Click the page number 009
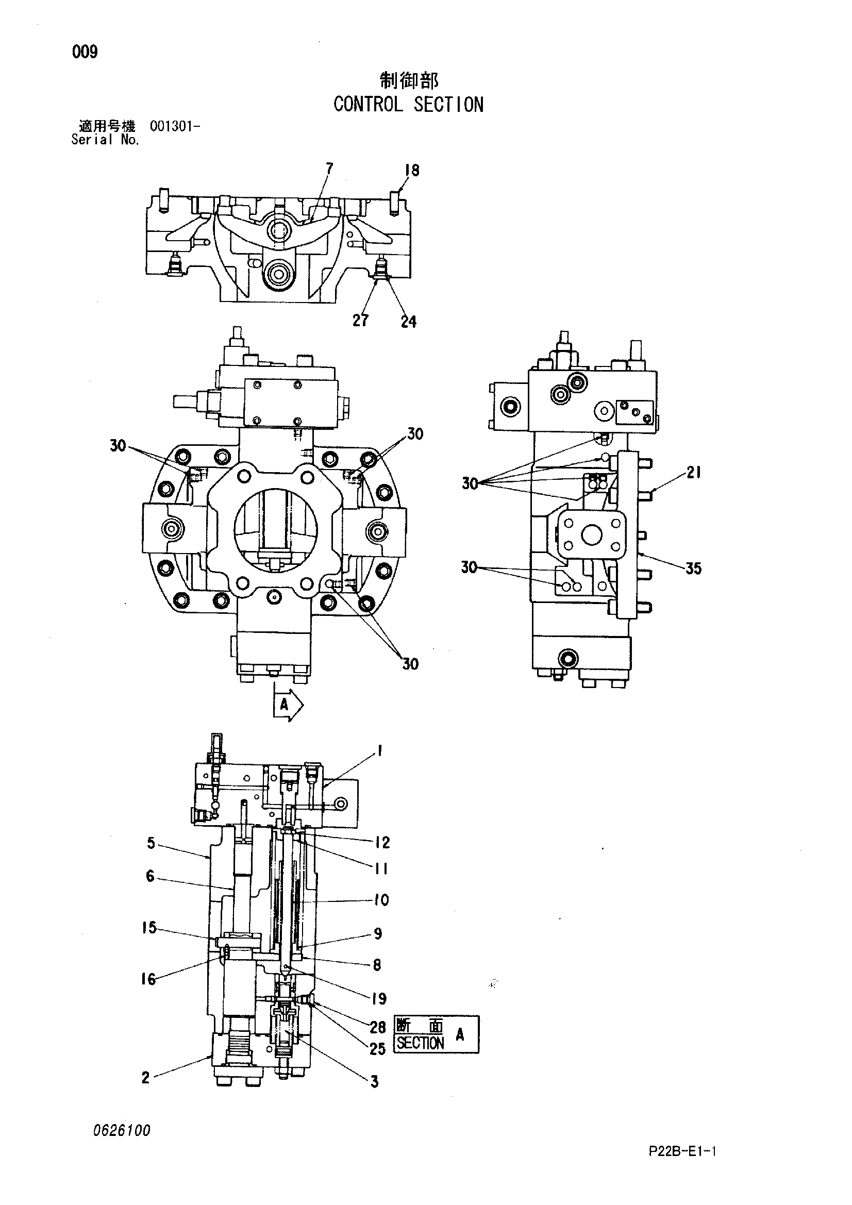click(85, 52)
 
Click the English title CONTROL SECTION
click(408, 105)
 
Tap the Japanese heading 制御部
click(409, 80)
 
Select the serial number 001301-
click(174, 126)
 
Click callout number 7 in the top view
click(329, 169)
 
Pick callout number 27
click(361, 320)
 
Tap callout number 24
click(408, 322)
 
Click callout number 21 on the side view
click(693, 473)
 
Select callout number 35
click(693, 568)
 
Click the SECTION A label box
click(436, 1034)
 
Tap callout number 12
click(382, 842)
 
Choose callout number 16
click(148, 979)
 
